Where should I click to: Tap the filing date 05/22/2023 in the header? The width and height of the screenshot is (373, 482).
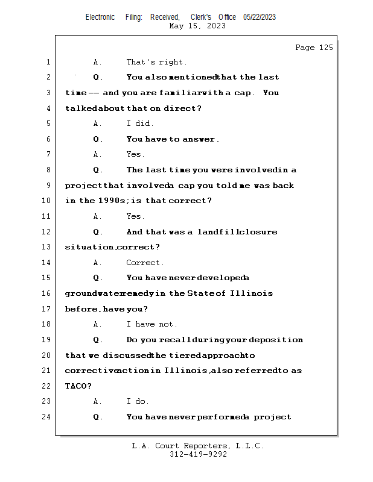click(260, 17)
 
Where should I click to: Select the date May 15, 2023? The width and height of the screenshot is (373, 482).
click(198, 26)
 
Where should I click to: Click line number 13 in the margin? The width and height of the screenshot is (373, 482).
click(48, 247)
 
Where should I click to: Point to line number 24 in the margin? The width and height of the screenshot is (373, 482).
click(48, 416)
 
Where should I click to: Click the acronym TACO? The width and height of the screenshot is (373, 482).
click(77, 386)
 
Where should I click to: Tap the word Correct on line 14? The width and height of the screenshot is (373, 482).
click(145, 263)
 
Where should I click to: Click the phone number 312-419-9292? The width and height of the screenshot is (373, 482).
click(198, 454)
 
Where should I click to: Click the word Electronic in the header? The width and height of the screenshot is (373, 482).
click(100, 17)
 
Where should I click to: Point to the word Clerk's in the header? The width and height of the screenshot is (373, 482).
click(201, 17)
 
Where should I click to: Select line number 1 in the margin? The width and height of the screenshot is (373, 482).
click(48, 62)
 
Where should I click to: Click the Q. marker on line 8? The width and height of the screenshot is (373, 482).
click(98, 170)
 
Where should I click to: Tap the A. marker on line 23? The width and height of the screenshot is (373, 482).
click(98, 401)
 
